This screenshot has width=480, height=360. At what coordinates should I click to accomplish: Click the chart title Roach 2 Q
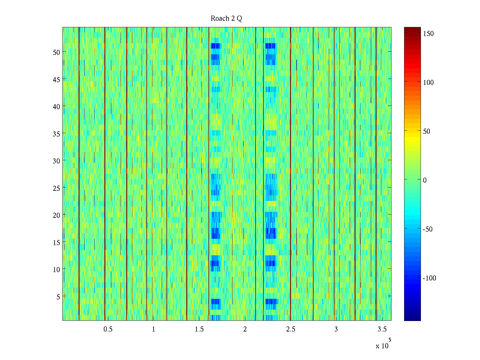point(226,19)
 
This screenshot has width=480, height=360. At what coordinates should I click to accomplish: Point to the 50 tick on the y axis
point(56,52)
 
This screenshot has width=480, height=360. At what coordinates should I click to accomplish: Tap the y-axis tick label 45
point(56,79)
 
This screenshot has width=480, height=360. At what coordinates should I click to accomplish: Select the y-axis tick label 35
point(56,134)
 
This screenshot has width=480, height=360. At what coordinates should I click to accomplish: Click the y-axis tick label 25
point(56,188)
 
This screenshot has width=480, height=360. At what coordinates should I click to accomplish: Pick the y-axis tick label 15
point(56,242)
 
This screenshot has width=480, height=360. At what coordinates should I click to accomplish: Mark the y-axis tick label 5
point(58,297)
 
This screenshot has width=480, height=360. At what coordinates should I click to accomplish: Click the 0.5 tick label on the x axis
point(108,329)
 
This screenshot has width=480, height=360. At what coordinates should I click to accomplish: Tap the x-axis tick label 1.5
point(199,329)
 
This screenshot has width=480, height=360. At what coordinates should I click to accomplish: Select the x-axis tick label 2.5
point(291,329)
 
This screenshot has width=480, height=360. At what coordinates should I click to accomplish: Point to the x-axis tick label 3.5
point(382,329)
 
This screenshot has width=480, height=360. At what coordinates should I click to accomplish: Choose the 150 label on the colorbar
point(428,34)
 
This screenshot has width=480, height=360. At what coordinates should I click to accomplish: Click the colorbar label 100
point(428,82)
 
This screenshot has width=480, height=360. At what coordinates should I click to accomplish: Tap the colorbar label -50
point(427,229)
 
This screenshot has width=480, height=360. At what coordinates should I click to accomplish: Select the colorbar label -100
point(429,278)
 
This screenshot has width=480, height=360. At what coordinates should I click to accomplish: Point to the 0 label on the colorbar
point(424,180)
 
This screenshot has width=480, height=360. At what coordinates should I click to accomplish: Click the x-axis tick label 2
point(245,329)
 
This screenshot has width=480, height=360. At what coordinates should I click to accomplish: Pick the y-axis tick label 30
point(56,161)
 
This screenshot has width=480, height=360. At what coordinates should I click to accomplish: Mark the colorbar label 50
point(427,131)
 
